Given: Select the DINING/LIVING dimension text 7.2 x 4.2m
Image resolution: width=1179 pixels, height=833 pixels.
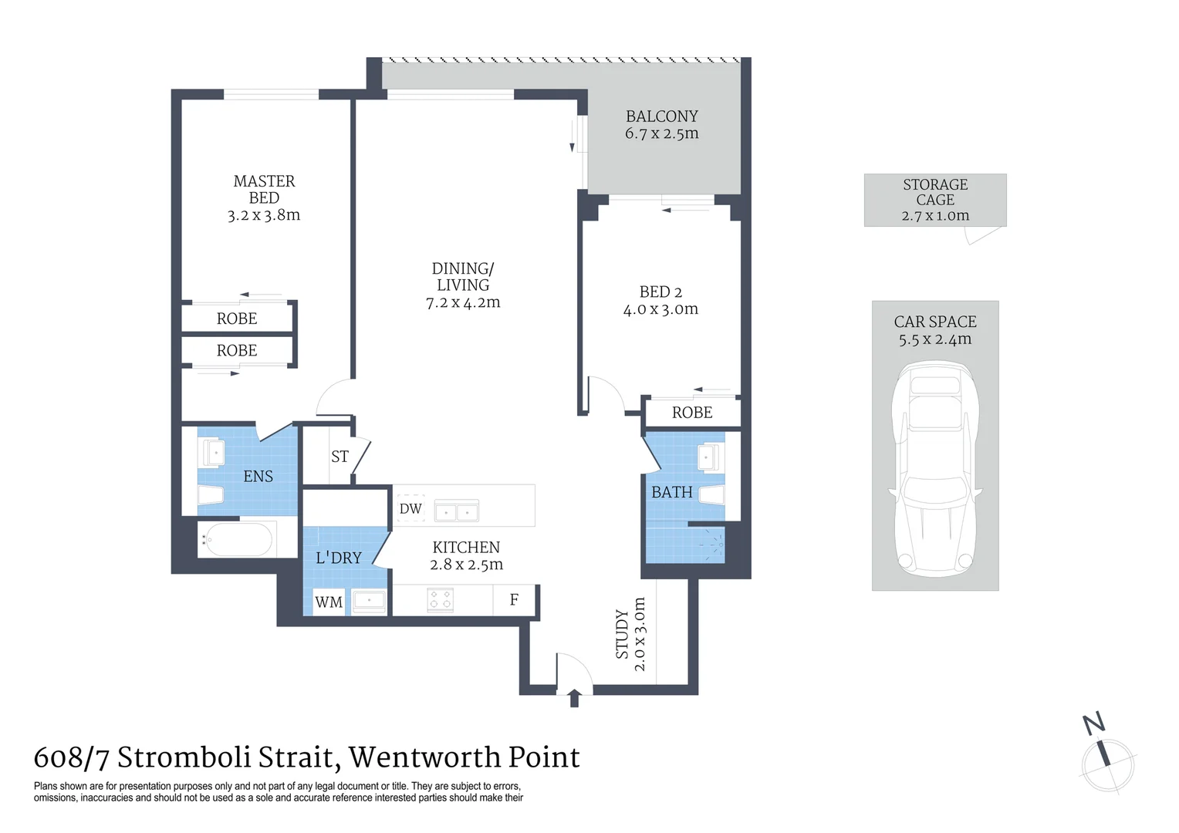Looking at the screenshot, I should pyautogui.click(x=463, y=302).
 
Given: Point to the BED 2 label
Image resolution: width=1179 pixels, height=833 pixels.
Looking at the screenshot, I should pyautogui.click(x=660, y=292).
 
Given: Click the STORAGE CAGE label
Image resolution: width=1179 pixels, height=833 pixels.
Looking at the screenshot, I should pyautogui.click(x=935, y=192).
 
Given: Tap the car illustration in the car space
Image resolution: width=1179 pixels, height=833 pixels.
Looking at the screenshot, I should pyautogui.click(x=935, y=472).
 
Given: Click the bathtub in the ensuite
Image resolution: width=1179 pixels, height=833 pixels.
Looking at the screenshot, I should pyautogui.click(x=237, y=539).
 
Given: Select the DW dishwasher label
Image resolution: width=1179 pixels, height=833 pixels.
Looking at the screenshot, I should pyautogui.click(x=410, y=509).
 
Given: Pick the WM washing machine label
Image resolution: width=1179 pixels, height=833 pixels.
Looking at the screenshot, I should pyautogui.click(x=329, y=602).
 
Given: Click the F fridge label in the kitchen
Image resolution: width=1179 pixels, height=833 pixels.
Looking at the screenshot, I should pyautogui.click(x=514, y=599).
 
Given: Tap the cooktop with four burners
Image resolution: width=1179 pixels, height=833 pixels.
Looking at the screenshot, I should pyautogui.click(x=441, y=600).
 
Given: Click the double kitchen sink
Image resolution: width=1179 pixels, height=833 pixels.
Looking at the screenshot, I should pyautogui.click(x=457, y=511).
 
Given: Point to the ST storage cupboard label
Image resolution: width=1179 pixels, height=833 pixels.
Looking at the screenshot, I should pyautogui.click(x=340, y=457).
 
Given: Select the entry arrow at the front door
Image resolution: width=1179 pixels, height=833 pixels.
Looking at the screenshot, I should pyautogui.click(x=574, y=698).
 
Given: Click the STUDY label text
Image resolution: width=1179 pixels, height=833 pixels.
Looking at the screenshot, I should pyautogui.click(x=622, y=635).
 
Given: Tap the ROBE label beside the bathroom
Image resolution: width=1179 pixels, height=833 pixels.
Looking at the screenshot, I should pyautogui.click(x=692, y=413).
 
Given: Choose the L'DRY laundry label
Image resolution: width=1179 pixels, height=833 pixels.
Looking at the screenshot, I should pyautogui.click(x=339, y=558).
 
